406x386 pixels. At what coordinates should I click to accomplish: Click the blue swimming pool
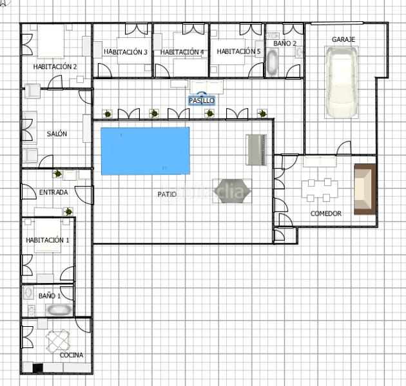(145, 151)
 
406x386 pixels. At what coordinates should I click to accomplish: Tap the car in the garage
(342, 82)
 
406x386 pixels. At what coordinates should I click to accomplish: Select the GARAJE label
(343, 39)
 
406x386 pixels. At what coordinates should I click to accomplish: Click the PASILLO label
(202, 100)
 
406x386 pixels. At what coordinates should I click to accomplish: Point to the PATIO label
(167, 194)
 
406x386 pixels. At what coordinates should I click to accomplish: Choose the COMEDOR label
(325, 214)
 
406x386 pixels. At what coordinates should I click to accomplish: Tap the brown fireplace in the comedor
(365, 189)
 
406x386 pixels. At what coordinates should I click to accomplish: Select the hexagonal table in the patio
(233, 191)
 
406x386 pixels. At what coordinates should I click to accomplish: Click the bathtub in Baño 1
(59, 310)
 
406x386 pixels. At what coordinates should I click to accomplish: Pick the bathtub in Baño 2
(272, 62)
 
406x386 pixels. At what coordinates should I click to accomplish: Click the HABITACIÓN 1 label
(48, 240)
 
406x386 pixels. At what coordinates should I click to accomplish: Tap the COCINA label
(72, 355)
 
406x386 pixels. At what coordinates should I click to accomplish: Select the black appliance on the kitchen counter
(38, 368)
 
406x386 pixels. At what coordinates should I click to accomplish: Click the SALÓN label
(57, 134)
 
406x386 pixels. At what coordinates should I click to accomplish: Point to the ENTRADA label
(53, 192)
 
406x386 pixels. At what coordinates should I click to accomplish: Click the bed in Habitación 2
(51, 41)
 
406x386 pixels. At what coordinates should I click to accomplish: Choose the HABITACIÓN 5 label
(238, 51)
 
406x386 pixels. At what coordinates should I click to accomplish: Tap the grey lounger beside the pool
(256, 150)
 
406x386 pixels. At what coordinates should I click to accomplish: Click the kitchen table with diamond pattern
(58, 341)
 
